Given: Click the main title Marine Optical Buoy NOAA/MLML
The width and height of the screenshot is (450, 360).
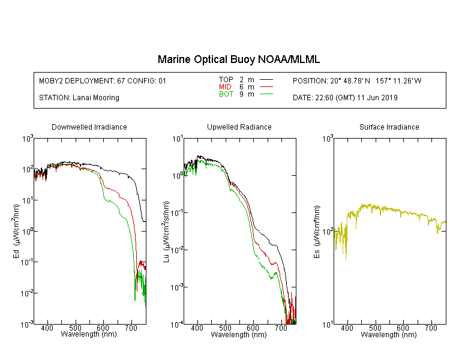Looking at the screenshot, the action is [238, 59].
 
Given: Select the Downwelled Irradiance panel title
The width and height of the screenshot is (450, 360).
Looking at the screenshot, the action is [89, 127].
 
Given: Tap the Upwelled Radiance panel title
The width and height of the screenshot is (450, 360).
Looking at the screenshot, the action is [239, 127].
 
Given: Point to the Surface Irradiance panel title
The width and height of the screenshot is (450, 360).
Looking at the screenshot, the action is [389, 127].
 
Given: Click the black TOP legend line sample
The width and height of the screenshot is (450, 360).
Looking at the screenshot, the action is [266, 80].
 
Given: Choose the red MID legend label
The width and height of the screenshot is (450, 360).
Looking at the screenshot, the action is [225, 86].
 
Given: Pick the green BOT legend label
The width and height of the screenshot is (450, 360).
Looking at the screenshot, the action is [226, 94].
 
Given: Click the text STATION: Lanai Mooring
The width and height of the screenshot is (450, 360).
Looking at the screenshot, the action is [79, 98].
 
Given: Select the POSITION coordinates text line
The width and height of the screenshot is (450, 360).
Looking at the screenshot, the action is [357, 80].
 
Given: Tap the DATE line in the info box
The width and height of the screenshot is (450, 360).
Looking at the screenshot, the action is [345, 98].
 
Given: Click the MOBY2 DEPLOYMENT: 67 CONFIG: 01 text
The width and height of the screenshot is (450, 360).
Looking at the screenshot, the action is [103, 80].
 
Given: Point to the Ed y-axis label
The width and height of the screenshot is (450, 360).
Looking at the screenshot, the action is [16, 231].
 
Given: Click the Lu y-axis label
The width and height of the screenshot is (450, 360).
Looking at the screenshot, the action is [166, 232].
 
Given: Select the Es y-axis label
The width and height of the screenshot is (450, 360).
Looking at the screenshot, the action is [317, 232].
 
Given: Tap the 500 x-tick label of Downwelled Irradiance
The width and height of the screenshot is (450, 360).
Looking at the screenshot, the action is [75, 328].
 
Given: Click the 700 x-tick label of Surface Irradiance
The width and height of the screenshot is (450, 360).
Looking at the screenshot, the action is [430, 328].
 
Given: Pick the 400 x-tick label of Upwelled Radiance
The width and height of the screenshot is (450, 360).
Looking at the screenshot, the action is [197, 328].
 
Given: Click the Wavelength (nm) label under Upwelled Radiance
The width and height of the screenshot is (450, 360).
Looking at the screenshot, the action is [239, 335].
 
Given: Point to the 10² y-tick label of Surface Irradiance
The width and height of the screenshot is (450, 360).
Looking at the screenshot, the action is [327, 231].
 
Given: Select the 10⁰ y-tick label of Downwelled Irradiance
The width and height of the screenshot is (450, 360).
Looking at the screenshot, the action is [28, 231].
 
